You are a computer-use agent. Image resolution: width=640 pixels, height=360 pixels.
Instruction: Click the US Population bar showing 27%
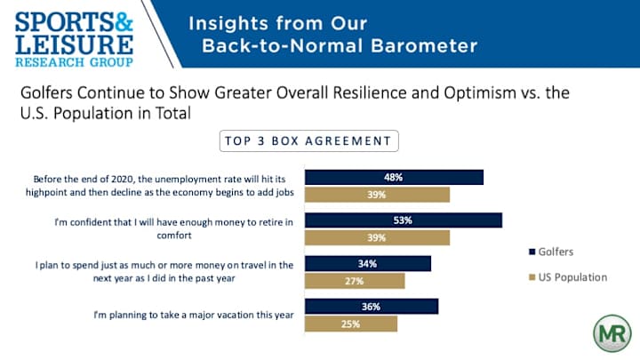pos(355,281)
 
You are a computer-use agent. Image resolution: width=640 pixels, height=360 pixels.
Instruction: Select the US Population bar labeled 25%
pos(351,324)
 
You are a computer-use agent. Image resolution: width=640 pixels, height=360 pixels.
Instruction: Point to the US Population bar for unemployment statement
pos(377,195)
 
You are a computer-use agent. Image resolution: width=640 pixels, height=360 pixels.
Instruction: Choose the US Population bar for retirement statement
pos(377,237)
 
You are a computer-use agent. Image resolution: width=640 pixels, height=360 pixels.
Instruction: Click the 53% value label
pos(404,220)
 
